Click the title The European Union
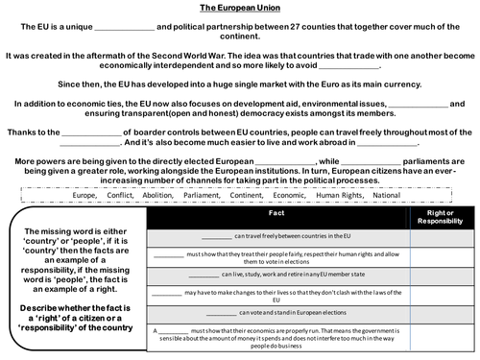point(240,7)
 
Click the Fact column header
point(277,219)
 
